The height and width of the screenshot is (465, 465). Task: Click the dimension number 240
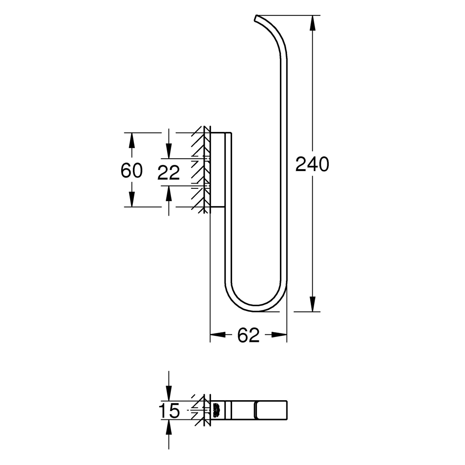click(312, 164)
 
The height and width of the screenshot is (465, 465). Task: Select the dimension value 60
click(132, 170)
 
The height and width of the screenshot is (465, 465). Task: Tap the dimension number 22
click(169, 173)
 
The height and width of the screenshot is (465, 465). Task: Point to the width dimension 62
click(248, 335)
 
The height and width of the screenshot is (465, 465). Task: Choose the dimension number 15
click(169, 411)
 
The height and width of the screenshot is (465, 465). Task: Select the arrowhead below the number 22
click(169, 192)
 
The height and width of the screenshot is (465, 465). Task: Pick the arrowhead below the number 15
click(169, 427)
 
